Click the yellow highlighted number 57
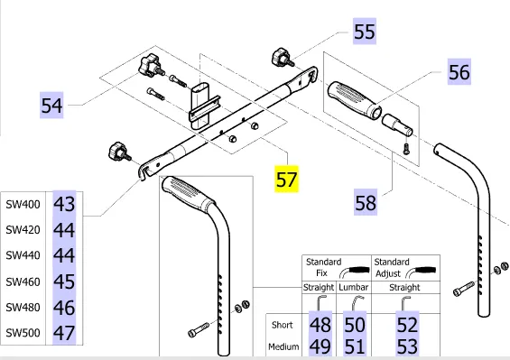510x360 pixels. [286, 180]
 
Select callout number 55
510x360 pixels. [365, 32]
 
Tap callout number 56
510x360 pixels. [459, 72]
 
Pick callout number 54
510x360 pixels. [51, 106]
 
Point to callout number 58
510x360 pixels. [366, 202]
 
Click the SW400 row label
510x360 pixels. [23, 204]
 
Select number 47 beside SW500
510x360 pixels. [64, 333]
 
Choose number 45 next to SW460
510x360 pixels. [64, 282]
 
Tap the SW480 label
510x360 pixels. [23, 308]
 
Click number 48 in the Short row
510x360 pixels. [320, 325]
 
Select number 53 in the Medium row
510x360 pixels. [407, 346]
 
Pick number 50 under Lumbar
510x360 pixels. [355, 325]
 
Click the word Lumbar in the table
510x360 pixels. [354, 287]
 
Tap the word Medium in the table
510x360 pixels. [283, 347]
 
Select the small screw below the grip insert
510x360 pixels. [406, 149]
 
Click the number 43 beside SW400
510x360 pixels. [64, 204]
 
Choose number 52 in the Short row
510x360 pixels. [407, 325]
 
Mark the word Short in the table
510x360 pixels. [282, 325]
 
